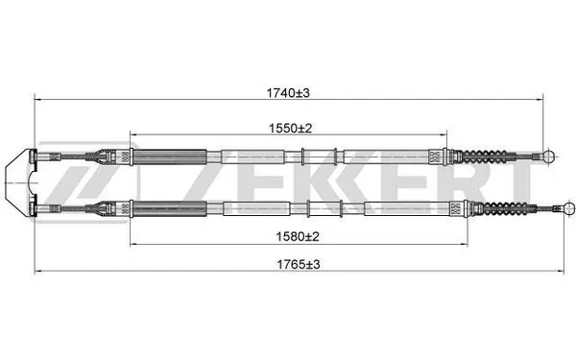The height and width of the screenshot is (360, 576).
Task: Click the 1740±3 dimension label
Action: [288, 93]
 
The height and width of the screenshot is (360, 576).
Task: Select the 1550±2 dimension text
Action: [290, 129]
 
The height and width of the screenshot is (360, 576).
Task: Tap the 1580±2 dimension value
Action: [298, 236]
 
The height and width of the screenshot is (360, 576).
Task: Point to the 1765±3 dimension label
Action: [299, 264]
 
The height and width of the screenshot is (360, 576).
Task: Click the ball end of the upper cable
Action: [549, 156]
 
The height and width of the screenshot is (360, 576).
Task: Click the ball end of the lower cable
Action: [569, 208]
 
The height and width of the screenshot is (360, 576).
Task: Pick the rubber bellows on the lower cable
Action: [505, 208]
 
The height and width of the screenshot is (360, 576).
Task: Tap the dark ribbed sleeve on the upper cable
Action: [169, 156]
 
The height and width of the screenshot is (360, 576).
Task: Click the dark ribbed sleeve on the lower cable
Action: [169, 208]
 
